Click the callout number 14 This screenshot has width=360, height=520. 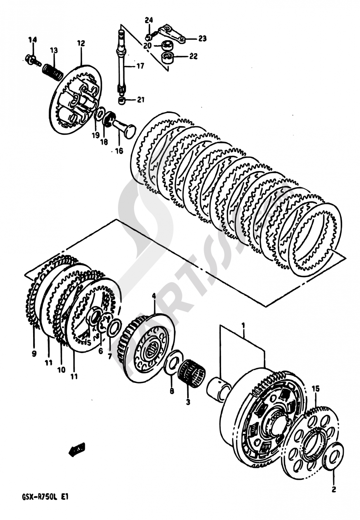click(x=32, y=40)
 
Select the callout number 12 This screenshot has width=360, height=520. click(x=81, y=44)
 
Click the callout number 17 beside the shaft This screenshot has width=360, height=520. click(x=140, y=66)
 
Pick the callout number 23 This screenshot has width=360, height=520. click(x=202, y=38)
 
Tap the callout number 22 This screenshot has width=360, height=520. click(x=193, y=56)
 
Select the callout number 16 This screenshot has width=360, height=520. click(x=119, y=151)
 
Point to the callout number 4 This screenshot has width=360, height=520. click(x=154, y=296)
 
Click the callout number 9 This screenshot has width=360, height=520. click(x=34, y=354)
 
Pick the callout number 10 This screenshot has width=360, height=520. click(x=61, y=369)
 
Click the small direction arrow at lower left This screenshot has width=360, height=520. click(x=77, y=449)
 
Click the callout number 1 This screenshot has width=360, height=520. click(x=243, y=326)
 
